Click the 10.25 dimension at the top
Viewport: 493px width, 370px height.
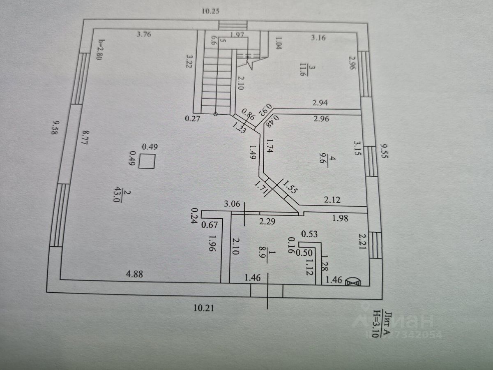pyautogui.click(x=211, y=11)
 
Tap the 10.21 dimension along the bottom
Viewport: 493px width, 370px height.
pyautogui.click(x=204, y=307)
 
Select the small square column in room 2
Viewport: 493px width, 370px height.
pyautogui.click(x=146, y=161)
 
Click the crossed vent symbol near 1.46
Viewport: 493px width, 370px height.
pyautogui.click(x=353, y=282)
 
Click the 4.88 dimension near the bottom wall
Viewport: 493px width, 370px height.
pyautogui.click(x=134, y=275)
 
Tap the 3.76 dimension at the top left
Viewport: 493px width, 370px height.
pyautogui.click(x=144, y=35)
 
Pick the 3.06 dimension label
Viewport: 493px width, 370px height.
pyautogui.click(x=232, y=203)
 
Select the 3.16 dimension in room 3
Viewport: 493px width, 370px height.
pyautogui.click(x=318, y=39)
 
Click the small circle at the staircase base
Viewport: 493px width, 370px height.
pyautogui.click(x=216, y=114)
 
